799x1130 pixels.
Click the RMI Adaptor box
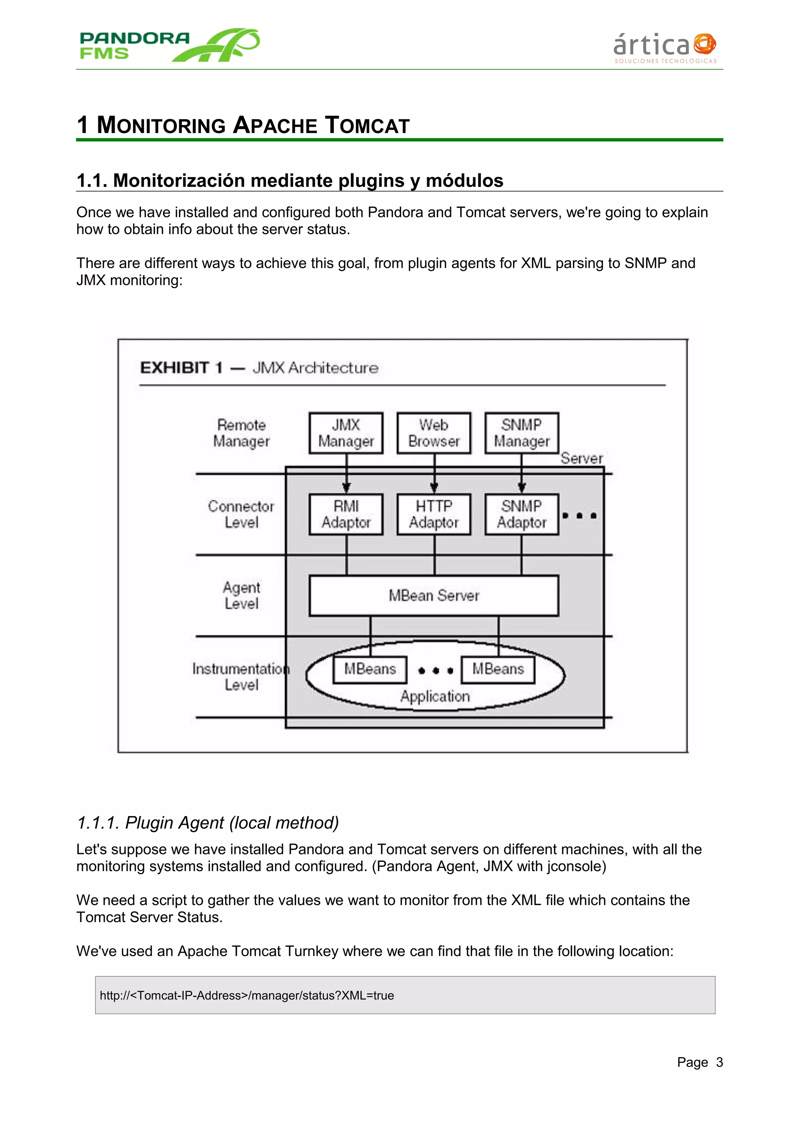(346, 514)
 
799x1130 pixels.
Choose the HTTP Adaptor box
(434, 514)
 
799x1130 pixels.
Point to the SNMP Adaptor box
(521, 514)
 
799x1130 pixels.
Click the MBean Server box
(434, 595)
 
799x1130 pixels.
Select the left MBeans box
(370, 669)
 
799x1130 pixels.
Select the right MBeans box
(498, 669)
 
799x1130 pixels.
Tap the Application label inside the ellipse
(435, 696)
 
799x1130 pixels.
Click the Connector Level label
(241, 514)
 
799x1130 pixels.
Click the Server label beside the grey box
(581, 458)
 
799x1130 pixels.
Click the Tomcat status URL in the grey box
(247, 995)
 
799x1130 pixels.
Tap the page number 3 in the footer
(719, 1062)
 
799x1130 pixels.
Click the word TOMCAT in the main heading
(367, 126)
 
